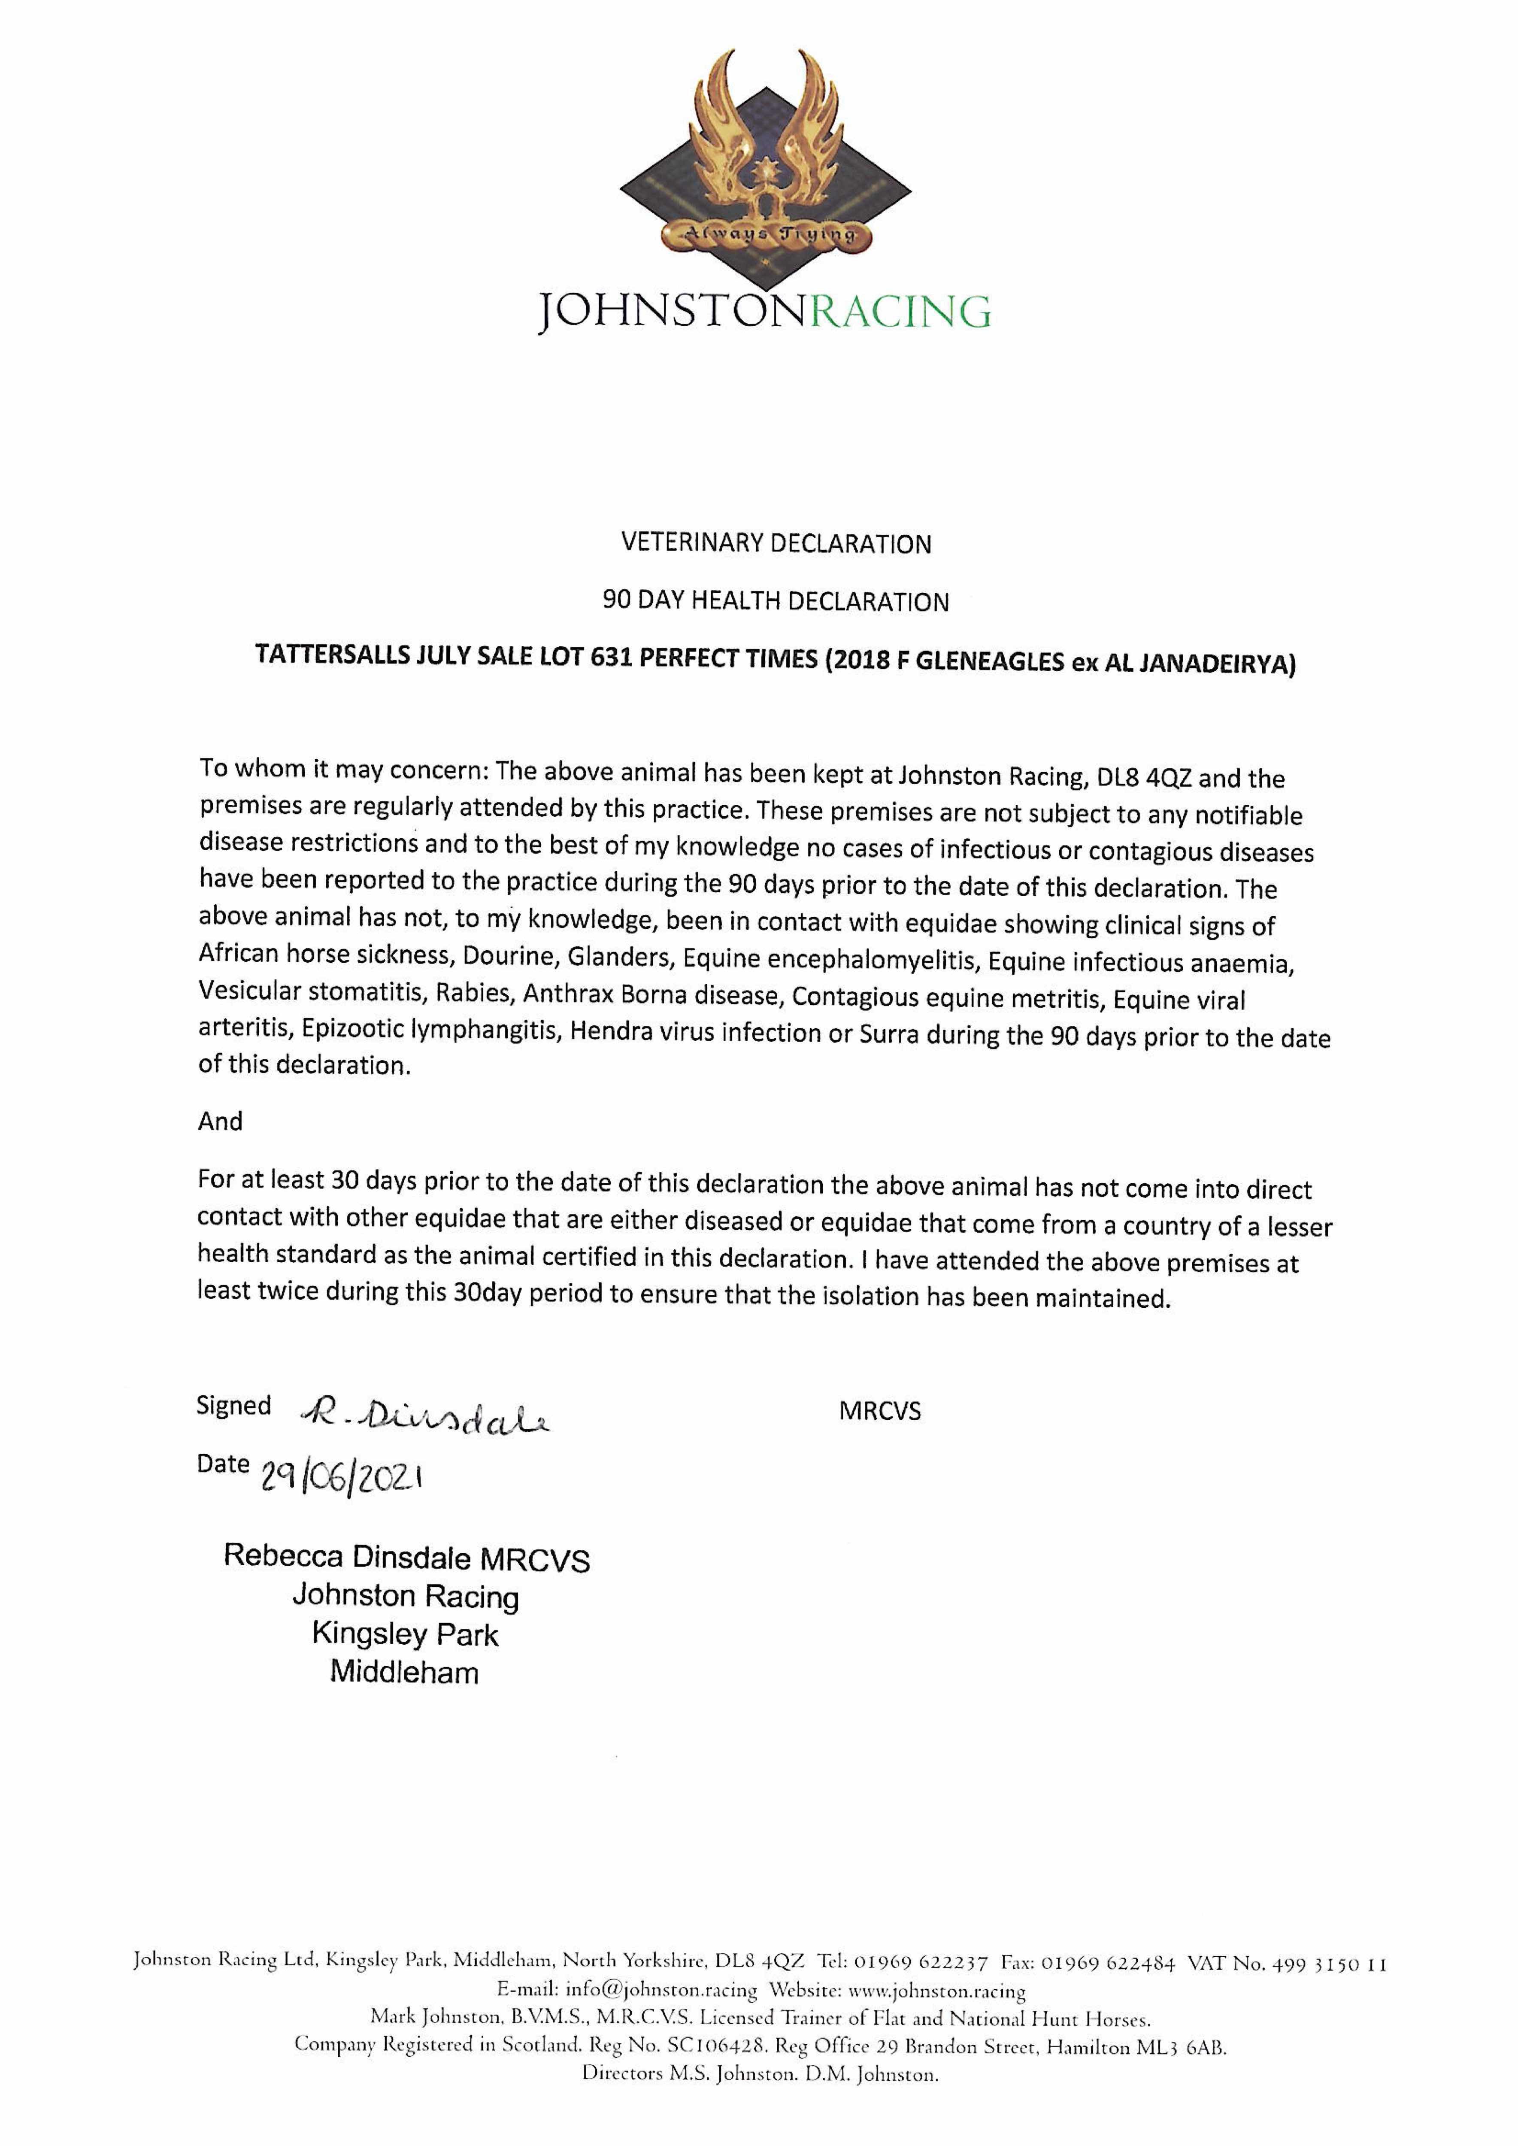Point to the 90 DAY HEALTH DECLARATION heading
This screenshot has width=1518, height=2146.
(x=776, y=601)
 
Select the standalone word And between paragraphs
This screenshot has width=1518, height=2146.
(x=220, y=1121)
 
